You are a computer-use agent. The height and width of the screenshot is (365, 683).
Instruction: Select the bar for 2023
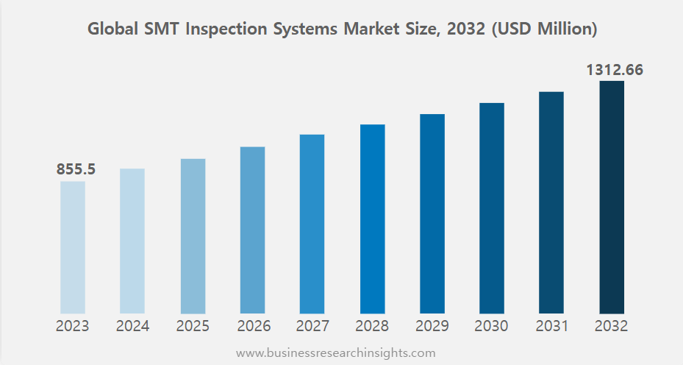(x=73, y=247)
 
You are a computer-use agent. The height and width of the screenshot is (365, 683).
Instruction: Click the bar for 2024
(x=132, y=241)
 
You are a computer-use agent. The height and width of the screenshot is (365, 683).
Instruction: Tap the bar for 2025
(x=193, y=236)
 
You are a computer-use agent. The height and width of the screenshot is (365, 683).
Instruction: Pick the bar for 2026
(x=252, y=230)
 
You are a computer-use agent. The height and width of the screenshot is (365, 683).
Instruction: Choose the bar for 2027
(x=312, y=224)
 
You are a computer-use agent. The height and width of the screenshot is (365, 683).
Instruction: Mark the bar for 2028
(x=372, y=219)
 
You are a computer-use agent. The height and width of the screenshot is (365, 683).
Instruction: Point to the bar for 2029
(x=432, y=214)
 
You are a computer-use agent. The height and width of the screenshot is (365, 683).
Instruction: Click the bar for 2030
(x=492, y=208)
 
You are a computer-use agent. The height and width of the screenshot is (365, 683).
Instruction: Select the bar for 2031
(x=551, y=203)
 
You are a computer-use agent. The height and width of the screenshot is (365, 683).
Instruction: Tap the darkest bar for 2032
(x=612, y=197)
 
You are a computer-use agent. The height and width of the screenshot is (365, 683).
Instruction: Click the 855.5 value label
(x=76, y=169)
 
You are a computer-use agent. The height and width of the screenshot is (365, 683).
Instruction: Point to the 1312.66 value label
(x=615, y=71)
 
